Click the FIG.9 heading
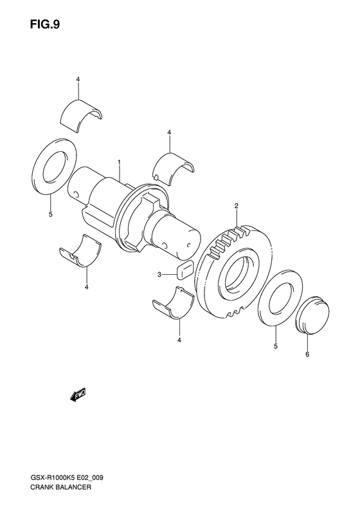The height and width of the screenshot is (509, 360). pos(45,25)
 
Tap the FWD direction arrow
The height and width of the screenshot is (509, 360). pos(78,395)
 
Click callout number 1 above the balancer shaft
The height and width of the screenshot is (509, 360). pos(120,162)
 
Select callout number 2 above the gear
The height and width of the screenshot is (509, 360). pos(237,205)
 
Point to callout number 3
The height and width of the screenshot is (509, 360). pos(159,275)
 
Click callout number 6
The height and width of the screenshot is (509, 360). pos(307,354)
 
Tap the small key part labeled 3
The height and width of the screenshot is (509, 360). pos(185,270)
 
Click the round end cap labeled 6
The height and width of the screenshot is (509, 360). pos(312,314)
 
